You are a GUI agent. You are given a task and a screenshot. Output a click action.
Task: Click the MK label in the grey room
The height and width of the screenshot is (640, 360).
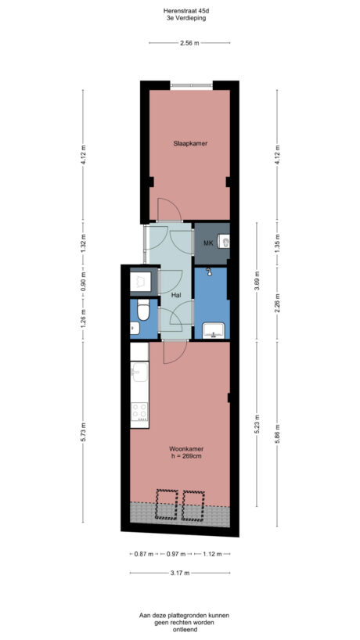click(208, 243)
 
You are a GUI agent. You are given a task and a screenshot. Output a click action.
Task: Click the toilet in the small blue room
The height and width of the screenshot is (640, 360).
click(142, 312)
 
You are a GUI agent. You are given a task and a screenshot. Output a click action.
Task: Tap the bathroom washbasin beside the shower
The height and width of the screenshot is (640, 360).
click(212, 332)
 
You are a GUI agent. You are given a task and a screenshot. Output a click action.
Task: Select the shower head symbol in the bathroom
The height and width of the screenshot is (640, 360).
click(209, 271)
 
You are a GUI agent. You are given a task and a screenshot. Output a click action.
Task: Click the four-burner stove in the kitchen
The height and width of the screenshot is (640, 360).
click(139, 412)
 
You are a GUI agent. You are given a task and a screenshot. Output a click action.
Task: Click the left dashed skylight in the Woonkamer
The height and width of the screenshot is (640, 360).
click(167, 505)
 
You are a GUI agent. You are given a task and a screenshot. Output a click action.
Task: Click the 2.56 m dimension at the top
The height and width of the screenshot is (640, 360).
click(188, 43)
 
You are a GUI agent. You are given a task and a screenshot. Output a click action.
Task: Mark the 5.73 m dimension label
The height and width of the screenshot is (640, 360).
click(83, 432)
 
